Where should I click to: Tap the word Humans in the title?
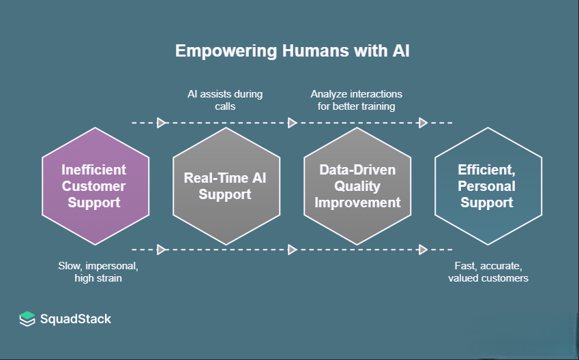[295, 51]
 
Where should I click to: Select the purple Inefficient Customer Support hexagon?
[95, 185]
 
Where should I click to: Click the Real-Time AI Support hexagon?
[225, 185]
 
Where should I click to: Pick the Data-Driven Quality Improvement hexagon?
[357, 185]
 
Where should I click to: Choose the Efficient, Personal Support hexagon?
[487, 185]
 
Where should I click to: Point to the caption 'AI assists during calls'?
[225, 100]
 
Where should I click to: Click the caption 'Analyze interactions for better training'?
[357, 100]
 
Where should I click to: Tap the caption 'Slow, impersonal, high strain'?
[94, 271]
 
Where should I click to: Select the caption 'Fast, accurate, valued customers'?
[488, 271]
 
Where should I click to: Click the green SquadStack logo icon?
[27, 318]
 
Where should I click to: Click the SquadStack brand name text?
[76, 319]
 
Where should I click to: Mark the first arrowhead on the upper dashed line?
[162, 123]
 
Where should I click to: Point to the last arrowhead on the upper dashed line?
[423, 123]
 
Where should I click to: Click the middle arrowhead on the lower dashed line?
[293, 250]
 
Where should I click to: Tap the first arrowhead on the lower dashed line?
[162, 250]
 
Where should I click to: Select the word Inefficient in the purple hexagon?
[94, 170]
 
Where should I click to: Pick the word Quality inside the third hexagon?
[357, 185]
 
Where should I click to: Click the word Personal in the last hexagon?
[487, 186]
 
